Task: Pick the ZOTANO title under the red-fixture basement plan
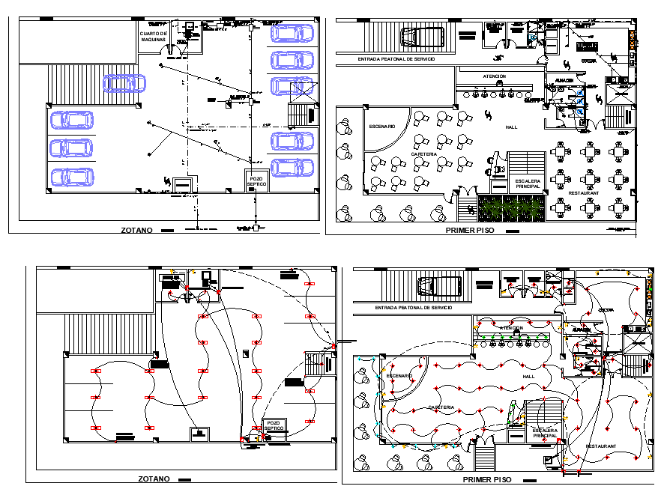point(154,479)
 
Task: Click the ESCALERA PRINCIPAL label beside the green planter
point(528,184)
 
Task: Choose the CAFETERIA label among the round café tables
point(423,154)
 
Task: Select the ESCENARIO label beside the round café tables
point(381,127)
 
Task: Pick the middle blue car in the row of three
point(72,148)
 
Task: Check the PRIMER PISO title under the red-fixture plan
point(487,479)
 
